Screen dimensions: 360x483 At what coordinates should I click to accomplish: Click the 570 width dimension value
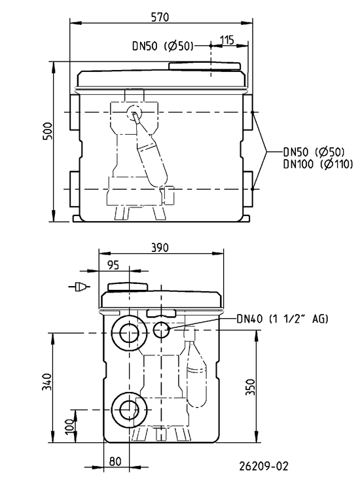pos(160,17)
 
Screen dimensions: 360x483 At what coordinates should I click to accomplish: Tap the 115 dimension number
pos(227,40)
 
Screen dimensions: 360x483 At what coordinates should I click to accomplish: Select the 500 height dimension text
pos(47,132)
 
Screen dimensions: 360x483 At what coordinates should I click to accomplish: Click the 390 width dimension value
pos(160,247)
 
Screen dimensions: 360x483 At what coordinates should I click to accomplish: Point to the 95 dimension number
pos(114,265)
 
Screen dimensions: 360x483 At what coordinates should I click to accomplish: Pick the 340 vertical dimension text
pos(46,382)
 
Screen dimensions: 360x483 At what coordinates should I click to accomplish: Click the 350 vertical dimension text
pos(251,387)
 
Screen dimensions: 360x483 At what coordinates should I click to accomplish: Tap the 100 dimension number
pos(71,426)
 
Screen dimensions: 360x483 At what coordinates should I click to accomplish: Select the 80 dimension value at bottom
pos(115,461)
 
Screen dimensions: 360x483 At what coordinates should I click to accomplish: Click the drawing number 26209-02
pos(264,466)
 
